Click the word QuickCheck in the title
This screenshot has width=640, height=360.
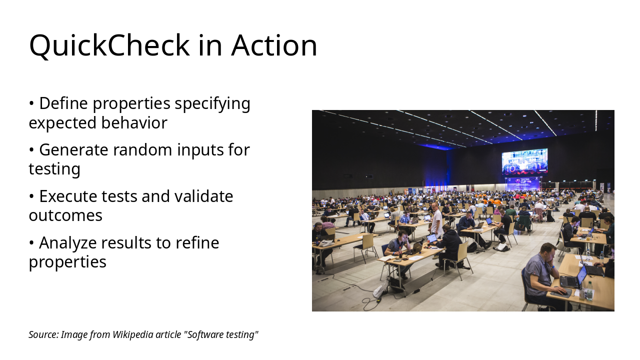click(x=109, y=45)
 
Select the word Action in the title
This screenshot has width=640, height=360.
click(x=274, y=45)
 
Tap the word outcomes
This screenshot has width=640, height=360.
click(x=65, y=215)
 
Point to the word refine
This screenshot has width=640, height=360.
click(x=197, y=242)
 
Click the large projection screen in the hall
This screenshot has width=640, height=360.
click(x=524, y=161)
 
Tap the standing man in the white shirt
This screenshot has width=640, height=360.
click(x=436, y=220)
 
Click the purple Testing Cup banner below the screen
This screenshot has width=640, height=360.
click(x=522, y=183)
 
